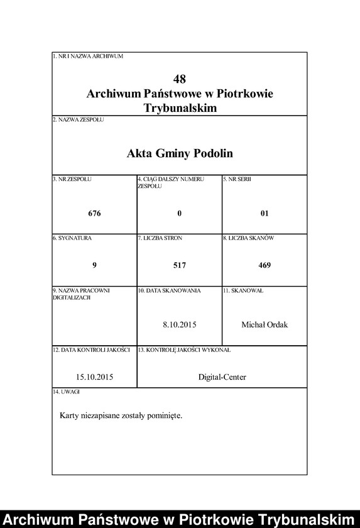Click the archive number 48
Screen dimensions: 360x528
[x=180, y=79]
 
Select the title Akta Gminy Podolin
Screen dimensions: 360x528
[x=180, y=153]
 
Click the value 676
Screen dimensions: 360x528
[x=94, y=213]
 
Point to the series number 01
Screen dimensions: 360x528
[x=265, y=213]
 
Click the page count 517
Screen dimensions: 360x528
[x=180, y=265]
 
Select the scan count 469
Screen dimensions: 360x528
[x=265, y=265]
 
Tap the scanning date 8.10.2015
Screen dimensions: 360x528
[x=180, y=324]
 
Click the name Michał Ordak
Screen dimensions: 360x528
[x=265, y=324]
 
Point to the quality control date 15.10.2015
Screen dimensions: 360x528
[x=94, y=377]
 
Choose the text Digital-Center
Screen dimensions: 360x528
[x=222, y=377]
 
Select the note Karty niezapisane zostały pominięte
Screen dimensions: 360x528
[x=121, y=415]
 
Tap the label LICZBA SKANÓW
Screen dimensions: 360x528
[x=249, y=239]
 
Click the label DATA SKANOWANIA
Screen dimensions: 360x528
[x=169, y=291]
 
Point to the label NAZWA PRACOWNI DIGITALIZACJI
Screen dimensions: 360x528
[x=82, y=294]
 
